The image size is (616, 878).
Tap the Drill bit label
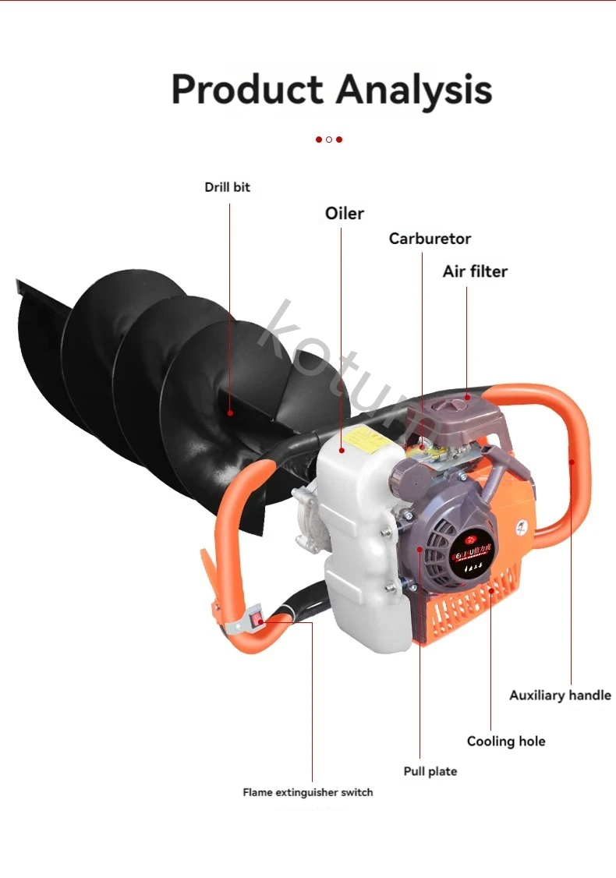coord(228,187)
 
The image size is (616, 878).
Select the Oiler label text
coord(344,213)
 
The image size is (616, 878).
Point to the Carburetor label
coord(430,239)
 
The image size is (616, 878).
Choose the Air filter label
coord(475,271)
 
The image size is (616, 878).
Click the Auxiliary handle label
coord(560,695)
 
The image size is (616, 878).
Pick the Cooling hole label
coord(506,741)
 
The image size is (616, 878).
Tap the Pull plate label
coord(430,771)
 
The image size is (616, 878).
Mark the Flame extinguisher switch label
coord(307,792)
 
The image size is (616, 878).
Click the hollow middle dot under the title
coord(329,140)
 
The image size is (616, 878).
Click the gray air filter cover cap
coord(460,409)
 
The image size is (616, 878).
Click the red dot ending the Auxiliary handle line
coord(572,462)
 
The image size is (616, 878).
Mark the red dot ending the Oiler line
coord(342,451)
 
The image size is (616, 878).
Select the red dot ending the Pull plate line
coord(420,548)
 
